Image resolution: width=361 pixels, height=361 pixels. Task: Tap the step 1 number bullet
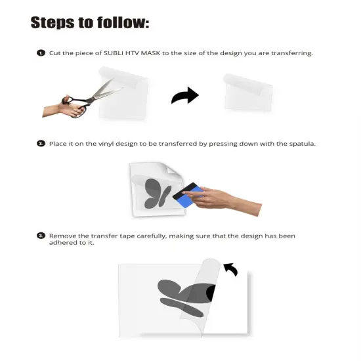[41, 53]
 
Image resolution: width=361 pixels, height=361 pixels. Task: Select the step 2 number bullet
[41, 143]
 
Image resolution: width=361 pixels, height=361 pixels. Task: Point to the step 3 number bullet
[41, 235]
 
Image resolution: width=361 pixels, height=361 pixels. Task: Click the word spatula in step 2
[300, 143]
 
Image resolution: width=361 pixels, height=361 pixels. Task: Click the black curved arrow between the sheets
[184, 96]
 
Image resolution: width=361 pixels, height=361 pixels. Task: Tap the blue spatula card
[186, 195]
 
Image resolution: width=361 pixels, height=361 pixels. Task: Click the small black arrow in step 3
[230, 268]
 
